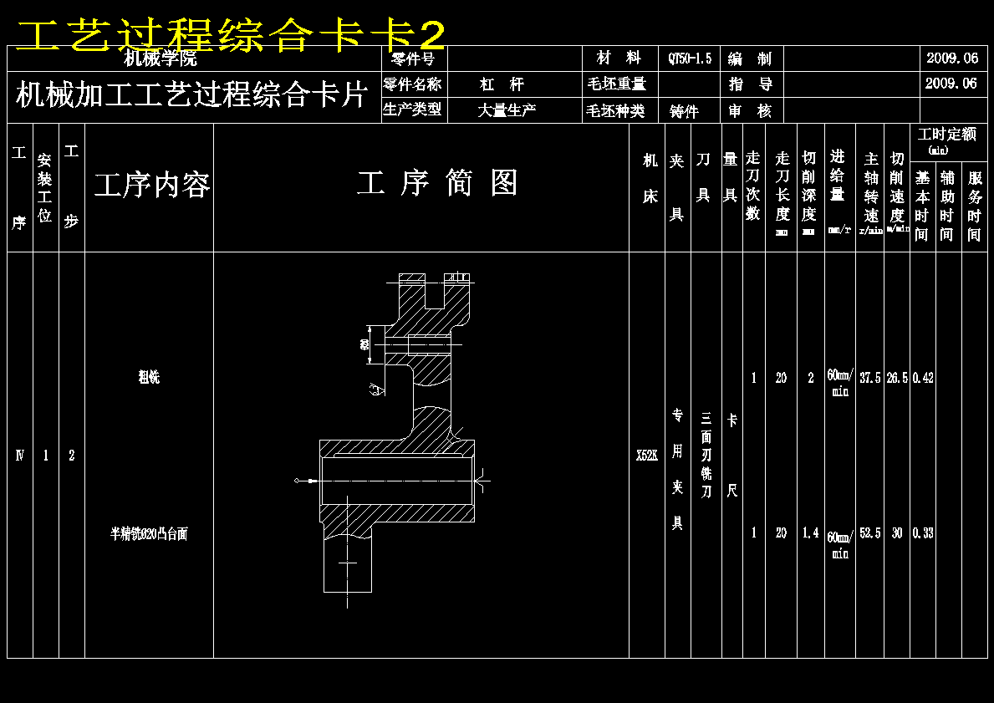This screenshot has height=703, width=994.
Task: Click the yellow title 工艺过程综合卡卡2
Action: coord(230,36)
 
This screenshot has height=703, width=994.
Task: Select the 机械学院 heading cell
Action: coord(161,59)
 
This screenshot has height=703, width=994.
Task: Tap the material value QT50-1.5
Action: coord(690,59)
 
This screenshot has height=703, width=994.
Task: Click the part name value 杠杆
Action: coord(502,84)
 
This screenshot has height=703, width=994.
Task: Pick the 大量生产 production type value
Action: coord(507,110)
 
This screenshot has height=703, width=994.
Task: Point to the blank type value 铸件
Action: coord(684,111)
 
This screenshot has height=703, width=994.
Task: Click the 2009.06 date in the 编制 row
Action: coord(951,59)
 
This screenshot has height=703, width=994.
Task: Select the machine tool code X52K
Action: coord(646,456)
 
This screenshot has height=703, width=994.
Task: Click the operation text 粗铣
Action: coord(149,377)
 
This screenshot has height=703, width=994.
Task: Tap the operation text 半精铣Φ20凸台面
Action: coord(149,533)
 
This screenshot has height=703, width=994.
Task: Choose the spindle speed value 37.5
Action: coord(870,378)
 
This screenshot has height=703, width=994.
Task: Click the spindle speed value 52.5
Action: coord(870,533)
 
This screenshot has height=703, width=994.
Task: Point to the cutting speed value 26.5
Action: coord(897,378)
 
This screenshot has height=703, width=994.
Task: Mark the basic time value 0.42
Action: coord(923,378)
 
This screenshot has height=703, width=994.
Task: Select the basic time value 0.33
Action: coord(923,533)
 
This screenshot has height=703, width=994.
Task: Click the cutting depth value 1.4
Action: coord(810,533)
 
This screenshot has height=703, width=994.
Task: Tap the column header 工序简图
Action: coord(437,183)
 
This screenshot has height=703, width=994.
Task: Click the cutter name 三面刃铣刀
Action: coord(706,456)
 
